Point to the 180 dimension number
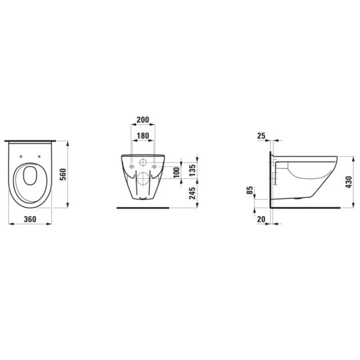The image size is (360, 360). point(142,136)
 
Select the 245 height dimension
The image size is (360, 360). point(192,195)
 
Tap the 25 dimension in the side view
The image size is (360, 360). point(260,136)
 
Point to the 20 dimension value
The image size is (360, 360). point(260,219)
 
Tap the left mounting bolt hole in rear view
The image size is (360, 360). point(132,166)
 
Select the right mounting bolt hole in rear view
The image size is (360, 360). point(154,166)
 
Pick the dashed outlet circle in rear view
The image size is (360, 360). point(142,181)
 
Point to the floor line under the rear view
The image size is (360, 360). point(142,207)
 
